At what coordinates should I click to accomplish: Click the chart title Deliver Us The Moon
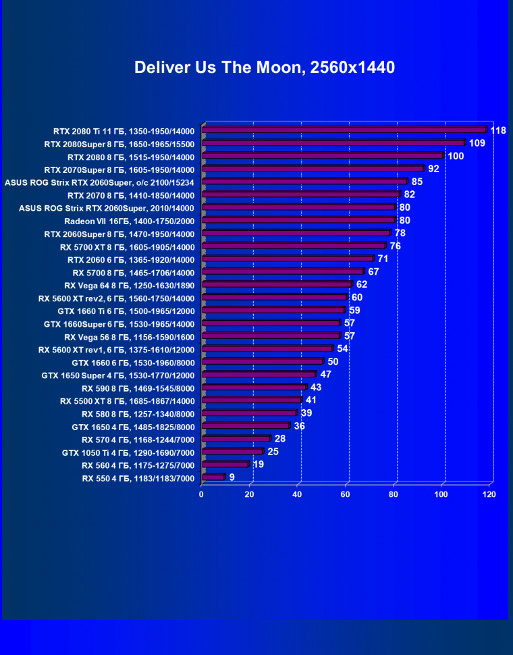tap(264, 68)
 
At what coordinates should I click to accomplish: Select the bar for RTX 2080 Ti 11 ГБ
tap(344, 130)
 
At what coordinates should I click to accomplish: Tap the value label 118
tap(498, 130)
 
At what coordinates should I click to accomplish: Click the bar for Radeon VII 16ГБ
tap(298, 220)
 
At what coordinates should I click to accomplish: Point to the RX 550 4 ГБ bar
tap(213, 477)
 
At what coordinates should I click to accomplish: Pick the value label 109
tap(477, 143)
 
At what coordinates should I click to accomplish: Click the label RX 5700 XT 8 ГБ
tap(127, 246)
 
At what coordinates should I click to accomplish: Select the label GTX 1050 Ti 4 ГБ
tap(128, 452)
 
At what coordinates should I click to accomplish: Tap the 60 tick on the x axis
tap(346, 495)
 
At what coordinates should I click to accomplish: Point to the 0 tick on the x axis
tap(201, 495)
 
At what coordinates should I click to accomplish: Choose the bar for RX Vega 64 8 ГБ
tap(276, 284)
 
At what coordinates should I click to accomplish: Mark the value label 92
tap(433, 169)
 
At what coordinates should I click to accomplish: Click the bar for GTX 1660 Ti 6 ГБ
tap(273, 311)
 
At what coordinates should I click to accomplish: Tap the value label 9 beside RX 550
tap(232, 477)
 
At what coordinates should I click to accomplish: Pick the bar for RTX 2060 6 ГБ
tap(287, 259)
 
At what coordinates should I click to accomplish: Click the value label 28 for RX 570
tap(279, 439)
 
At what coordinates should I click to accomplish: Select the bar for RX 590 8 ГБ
tap(253, 388)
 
